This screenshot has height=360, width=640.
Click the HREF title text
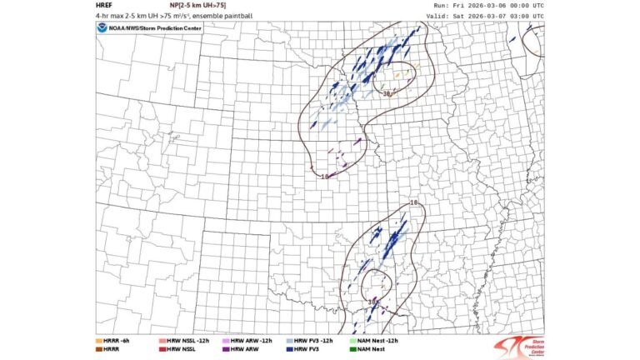tap(104, 5)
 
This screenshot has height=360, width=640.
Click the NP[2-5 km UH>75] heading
tap(197, 5)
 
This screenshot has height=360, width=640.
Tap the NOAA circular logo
tap(102, 27)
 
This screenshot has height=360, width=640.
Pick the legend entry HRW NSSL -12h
tap(182, 340)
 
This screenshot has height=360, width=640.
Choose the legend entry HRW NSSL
tap(177, 348)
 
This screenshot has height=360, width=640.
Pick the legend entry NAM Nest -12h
tap(377, 340)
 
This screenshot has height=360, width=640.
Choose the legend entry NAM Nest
tap(371, 348)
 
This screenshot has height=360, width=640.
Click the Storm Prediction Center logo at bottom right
tap(518, 346)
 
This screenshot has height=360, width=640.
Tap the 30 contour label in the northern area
tap(386, 94)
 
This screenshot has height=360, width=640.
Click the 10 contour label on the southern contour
tap(414, 202)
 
